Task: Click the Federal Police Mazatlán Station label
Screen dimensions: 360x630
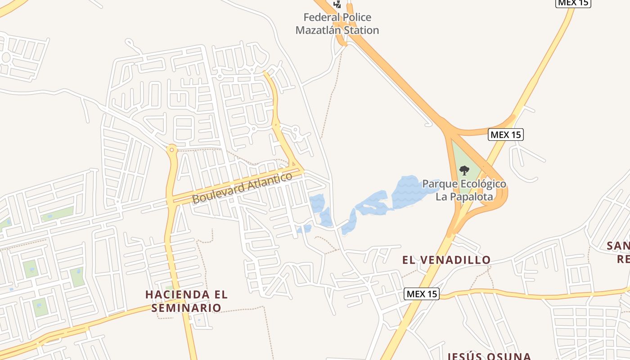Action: [337, 24]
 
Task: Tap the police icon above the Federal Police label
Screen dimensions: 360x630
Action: [337, 4]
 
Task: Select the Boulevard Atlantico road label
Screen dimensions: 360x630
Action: [242, 188]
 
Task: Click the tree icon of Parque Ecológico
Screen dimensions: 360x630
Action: [464, 171]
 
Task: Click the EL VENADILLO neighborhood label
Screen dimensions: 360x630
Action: [446, 260]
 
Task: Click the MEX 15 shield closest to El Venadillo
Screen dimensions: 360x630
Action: [421, 294]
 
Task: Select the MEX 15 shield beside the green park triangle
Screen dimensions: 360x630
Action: [506, 135]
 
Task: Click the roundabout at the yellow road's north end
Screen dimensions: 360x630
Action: [171, 148]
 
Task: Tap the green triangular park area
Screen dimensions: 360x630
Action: [463, 162]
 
